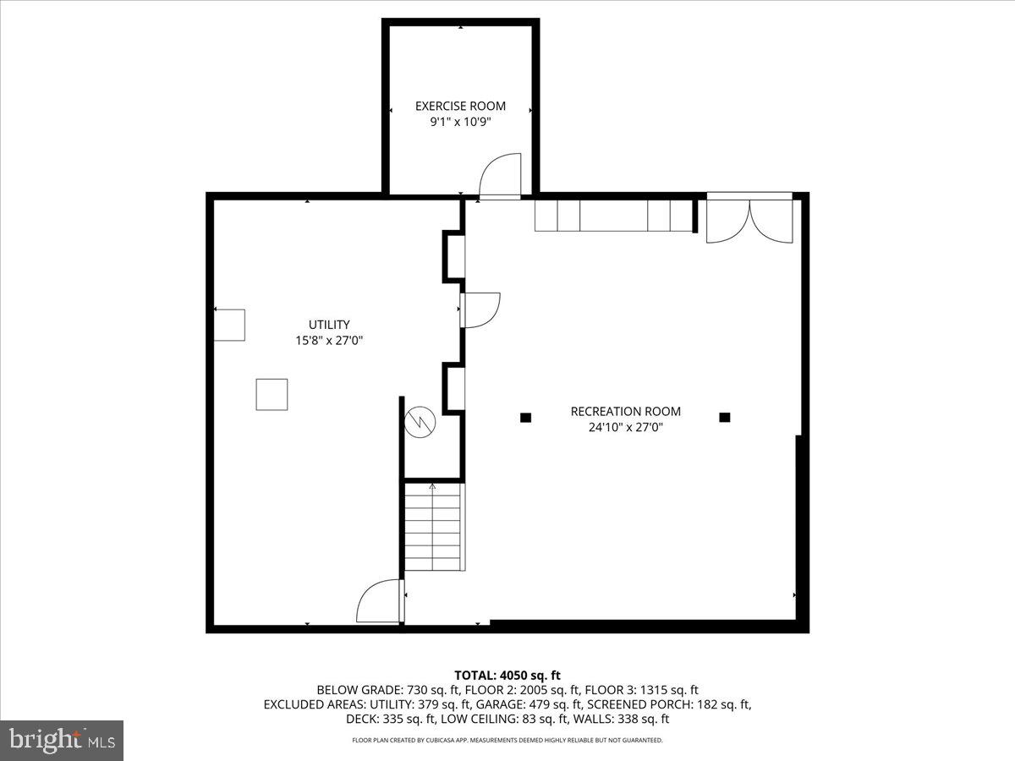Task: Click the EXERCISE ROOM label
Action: pos(460,106)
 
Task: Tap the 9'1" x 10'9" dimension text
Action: pos(460,122)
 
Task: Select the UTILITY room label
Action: pos(329,324)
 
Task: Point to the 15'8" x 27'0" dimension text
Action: pos(329,340)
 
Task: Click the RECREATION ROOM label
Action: pos(625,412)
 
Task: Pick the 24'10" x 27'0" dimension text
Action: pos(625,428)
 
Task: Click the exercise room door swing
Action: pos(499,176)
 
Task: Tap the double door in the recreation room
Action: pos(749,220)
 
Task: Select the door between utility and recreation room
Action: pos(480,309)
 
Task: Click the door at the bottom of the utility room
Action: pos(380,601)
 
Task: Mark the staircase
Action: pos(433,526)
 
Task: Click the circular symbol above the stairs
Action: pos(419,421)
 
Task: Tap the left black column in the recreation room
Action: pos(525,417)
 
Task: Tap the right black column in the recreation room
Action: pos(724,417)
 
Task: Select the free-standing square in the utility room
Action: pos(272,395)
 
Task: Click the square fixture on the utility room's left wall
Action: pos(229,326)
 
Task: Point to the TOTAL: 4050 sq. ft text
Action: pos(507,675)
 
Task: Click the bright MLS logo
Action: pos(62,741)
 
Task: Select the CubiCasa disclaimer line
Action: pos(507,740)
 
